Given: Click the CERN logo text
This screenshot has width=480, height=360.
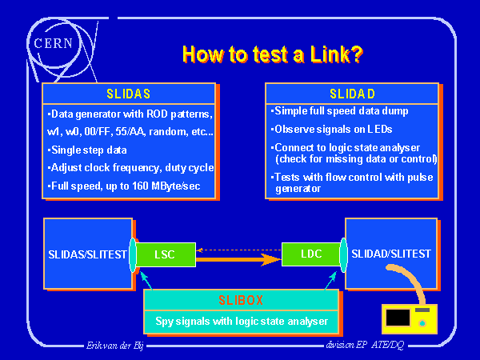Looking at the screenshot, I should (55, 41).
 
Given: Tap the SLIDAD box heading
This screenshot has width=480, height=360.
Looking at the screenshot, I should (353, 94).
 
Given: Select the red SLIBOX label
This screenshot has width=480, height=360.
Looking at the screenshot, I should (240, 301).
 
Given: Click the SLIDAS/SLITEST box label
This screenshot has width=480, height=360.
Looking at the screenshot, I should (87, 254).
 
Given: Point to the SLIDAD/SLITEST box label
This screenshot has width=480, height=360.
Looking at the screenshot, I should (391, 254).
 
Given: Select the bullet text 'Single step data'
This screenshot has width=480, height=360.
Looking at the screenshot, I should (88, 150).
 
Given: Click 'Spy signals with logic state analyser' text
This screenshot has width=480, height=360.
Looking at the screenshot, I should (240, 322).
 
